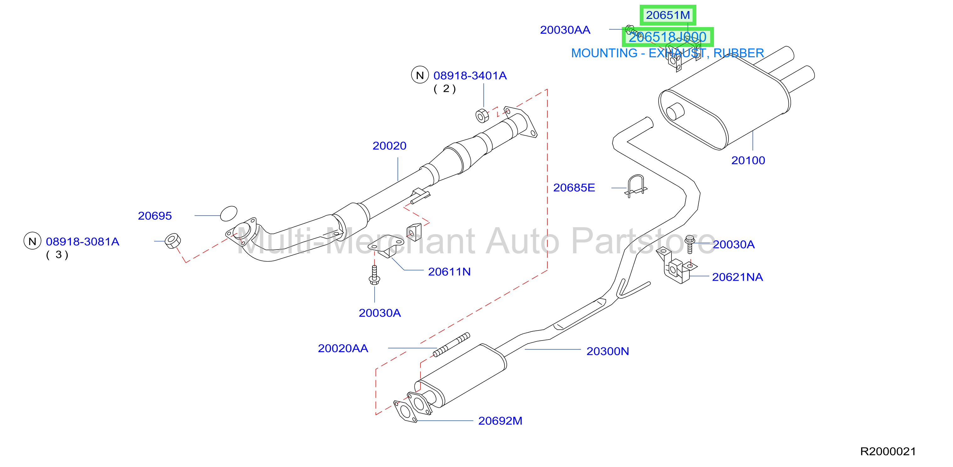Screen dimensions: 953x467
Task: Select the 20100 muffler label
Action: coord(748,160)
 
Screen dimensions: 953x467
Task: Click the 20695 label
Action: coord(155,216)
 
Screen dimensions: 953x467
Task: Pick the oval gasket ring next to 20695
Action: coord(229,214)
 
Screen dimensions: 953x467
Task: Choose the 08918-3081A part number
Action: coord(82,242)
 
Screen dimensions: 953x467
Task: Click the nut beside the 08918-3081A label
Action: coord(172,241)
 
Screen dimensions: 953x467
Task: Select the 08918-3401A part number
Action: coord(470,76)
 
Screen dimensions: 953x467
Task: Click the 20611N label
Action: coord(449,272)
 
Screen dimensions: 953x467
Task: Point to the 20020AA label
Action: coord(343,348)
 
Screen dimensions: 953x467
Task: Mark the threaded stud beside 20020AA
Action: coord(451,345)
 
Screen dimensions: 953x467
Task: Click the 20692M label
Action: coord(500,421)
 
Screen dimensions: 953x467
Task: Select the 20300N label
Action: coord(607,351)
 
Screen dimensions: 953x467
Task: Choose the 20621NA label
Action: coord(737,277)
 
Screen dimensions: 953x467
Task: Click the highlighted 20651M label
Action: coord(668,15)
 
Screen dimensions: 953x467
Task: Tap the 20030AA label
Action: coord(565,30)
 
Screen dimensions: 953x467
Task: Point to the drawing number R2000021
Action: coord(888,452)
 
